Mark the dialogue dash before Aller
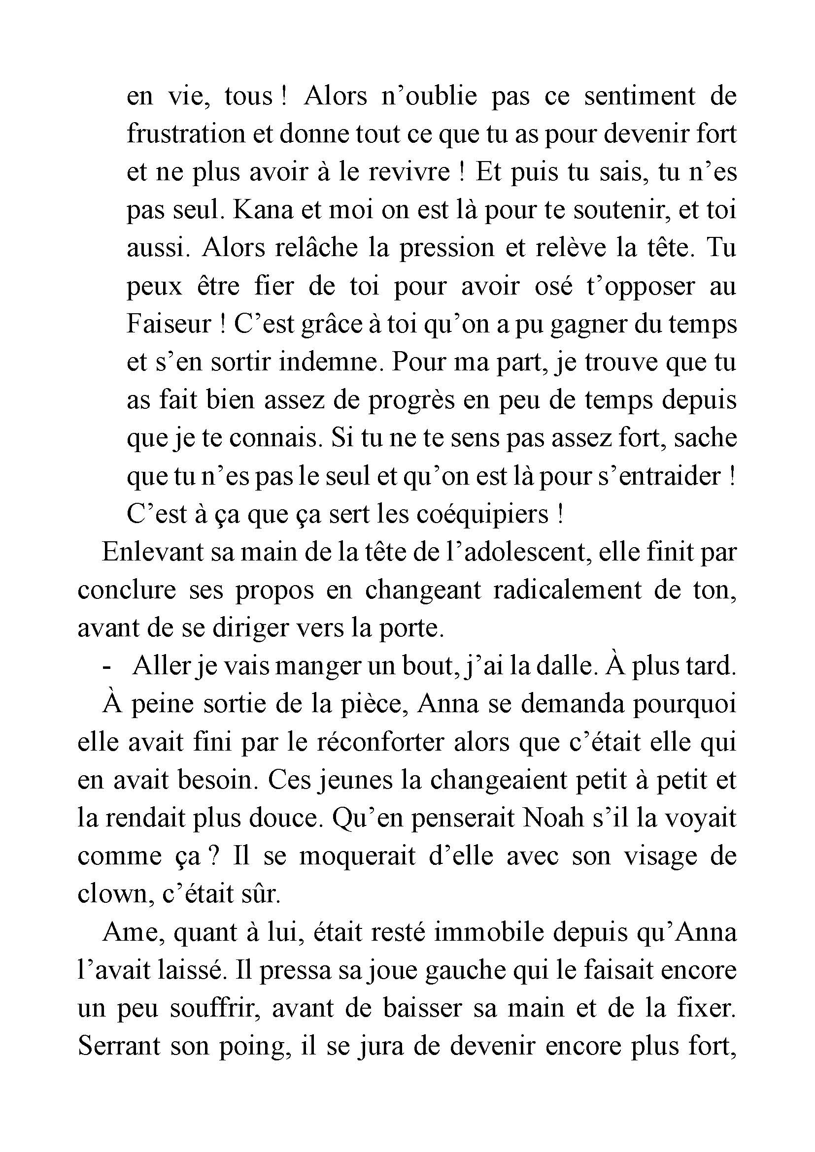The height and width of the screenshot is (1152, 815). [x=106, y=667]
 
